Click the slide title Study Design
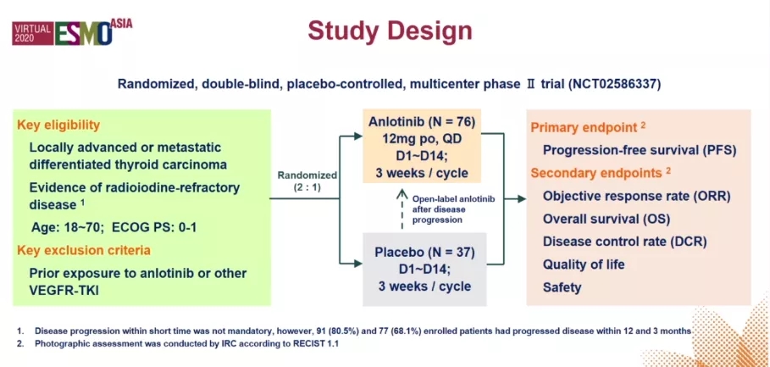(390, 31)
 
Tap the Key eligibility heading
(59, 124)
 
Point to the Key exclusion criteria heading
(84, 250)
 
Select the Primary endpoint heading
(584, 128)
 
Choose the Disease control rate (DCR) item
(624, 242)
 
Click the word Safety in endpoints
(562, 287)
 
